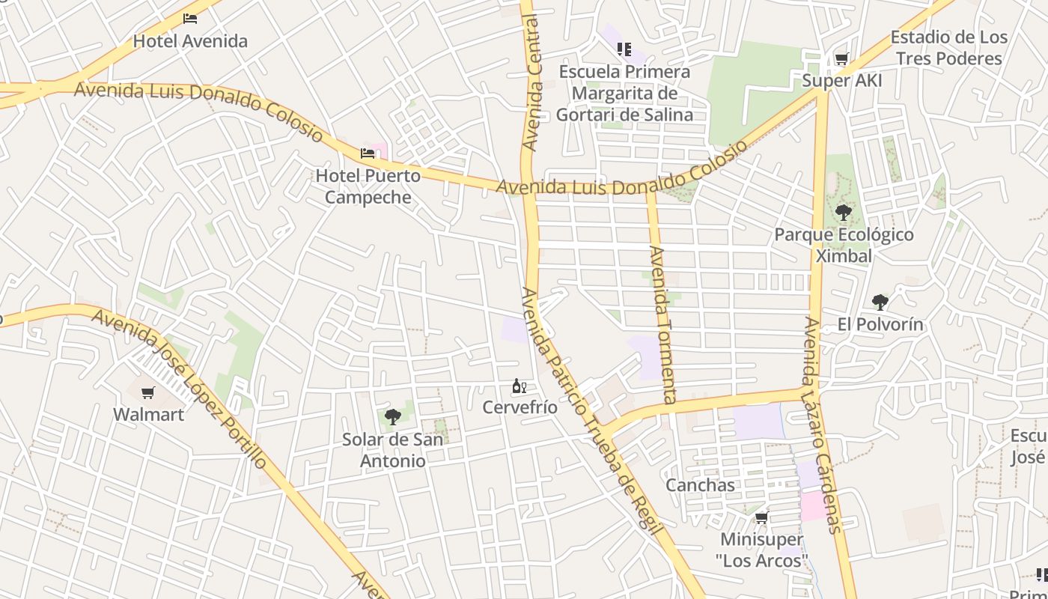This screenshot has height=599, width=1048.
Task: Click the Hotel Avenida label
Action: click(190, 41)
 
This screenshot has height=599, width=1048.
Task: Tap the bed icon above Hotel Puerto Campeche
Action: click(368, 153)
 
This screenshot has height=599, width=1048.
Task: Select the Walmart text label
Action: click(148, 414)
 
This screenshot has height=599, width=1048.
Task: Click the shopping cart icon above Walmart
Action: click(148, 393)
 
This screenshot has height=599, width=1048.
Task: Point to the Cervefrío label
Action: click(520, 407)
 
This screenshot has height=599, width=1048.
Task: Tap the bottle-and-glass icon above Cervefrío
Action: click(519, 386)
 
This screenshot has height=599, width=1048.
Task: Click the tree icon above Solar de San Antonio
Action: click(392, 417)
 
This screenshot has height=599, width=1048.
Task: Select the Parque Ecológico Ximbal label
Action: click(844, 245)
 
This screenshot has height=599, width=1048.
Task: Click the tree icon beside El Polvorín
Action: click(880, 302)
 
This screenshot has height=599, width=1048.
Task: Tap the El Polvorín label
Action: click(880, 324)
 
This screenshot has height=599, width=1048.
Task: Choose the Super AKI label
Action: click(842, 80)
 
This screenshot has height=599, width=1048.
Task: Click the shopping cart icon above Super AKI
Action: click(841, 59)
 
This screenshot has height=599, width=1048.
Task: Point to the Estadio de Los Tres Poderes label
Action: click(948, 48)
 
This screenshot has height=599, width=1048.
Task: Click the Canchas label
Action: click(701, 485)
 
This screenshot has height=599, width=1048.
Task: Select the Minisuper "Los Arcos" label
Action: click(762, 550)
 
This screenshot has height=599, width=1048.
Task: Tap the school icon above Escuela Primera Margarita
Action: click(624, 49)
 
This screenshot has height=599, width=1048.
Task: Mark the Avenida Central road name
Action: click(531, 82)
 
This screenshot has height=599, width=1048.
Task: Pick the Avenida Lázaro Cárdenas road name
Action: click(823, 425)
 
